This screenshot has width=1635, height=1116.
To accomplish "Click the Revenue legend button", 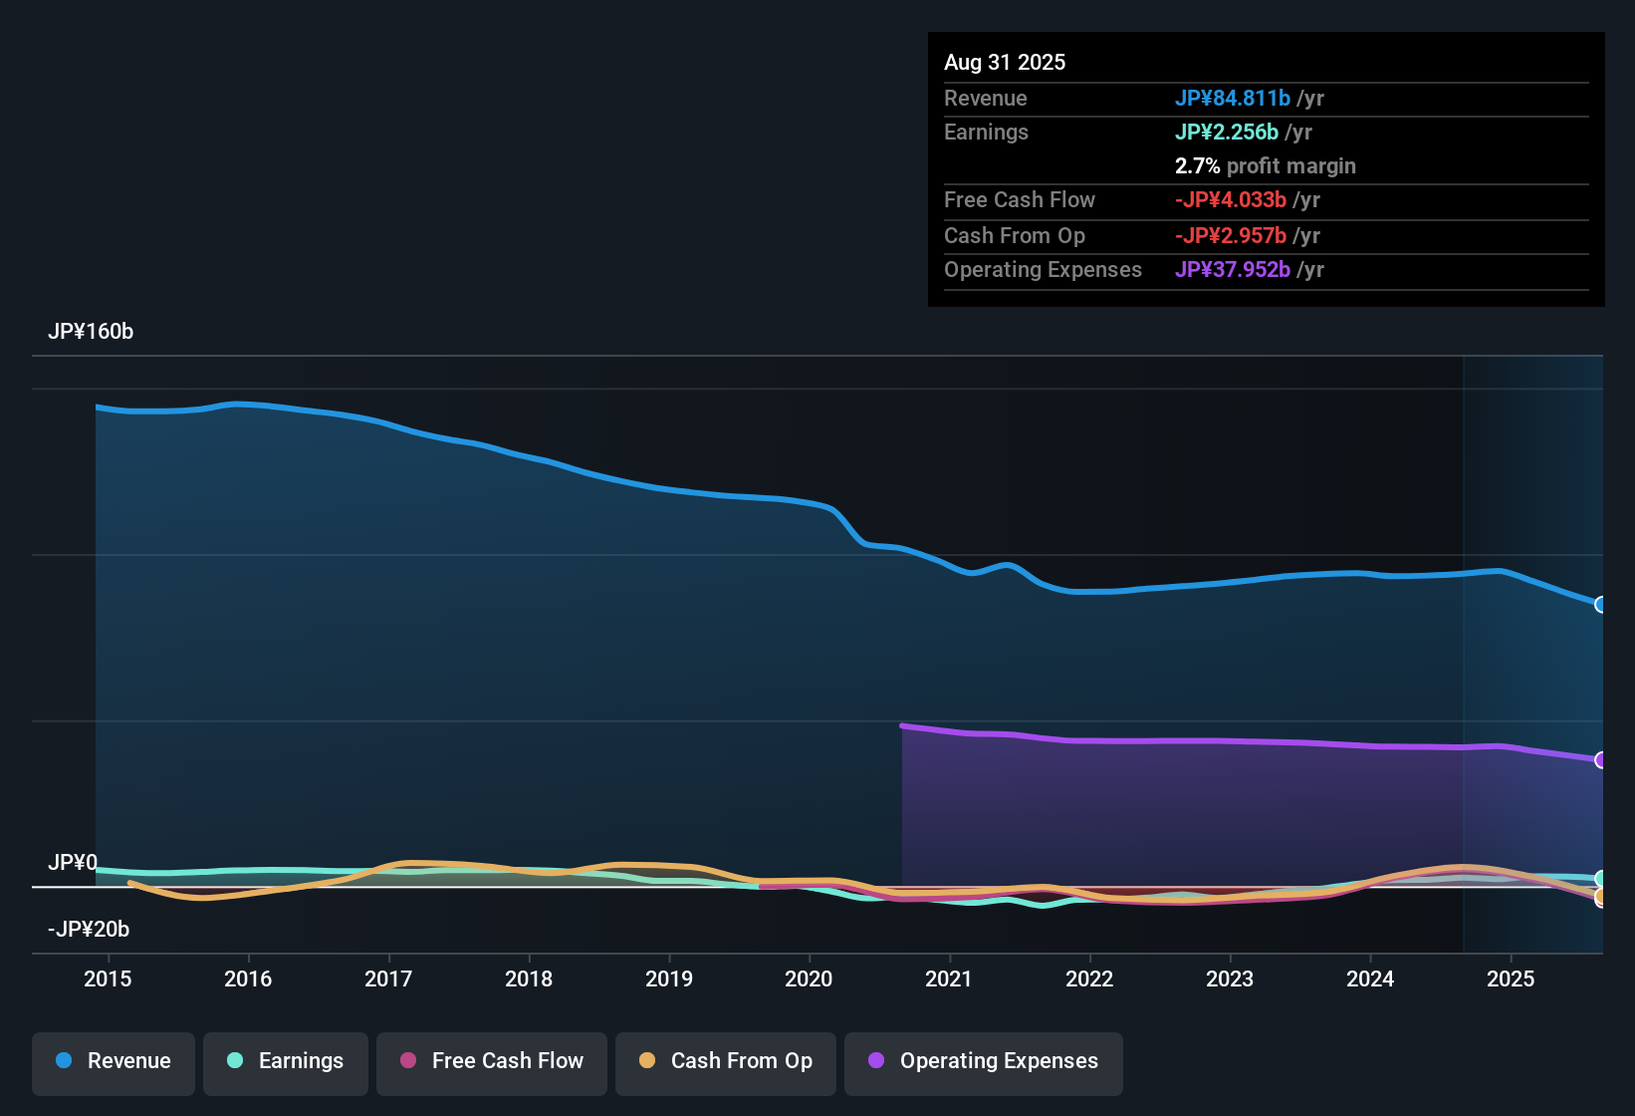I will tap(114, 1061).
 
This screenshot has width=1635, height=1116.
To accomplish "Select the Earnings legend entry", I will tap(286, 1061).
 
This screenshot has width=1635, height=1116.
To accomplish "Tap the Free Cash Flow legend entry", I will tap(492, 1061).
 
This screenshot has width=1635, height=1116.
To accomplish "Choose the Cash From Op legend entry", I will tap(726, 1061).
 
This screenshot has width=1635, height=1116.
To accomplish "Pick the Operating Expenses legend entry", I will tap(984, 1061).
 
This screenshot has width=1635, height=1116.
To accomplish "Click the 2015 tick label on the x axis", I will tap(108, 979).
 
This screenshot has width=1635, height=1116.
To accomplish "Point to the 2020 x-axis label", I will tap(809, 979).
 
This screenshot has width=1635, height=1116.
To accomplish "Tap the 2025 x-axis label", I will tap(1511, 979).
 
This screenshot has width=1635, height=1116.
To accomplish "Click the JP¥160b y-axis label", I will tap(91, 332).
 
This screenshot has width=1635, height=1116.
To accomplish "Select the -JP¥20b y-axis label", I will tap(89, 930).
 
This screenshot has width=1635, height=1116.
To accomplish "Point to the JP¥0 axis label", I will tap(73, 863).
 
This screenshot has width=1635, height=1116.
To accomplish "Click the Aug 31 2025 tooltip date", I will tap(1005, 63).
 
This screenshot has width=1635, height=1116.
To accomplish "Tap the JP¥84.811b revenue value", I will tap(1233, 99).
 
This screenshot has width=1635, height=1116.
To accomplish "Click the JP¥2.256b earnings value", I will tap(1227, 133).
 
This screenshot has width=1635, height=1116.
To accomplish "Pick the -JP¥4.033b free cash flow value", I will tap(1231, 200).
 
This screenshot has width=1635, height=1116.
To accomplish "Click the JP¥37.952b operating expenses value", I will tap(1233, 270).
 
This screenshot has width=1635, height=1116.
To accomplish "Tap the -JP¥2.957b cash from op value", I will tap(1231, 236).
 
